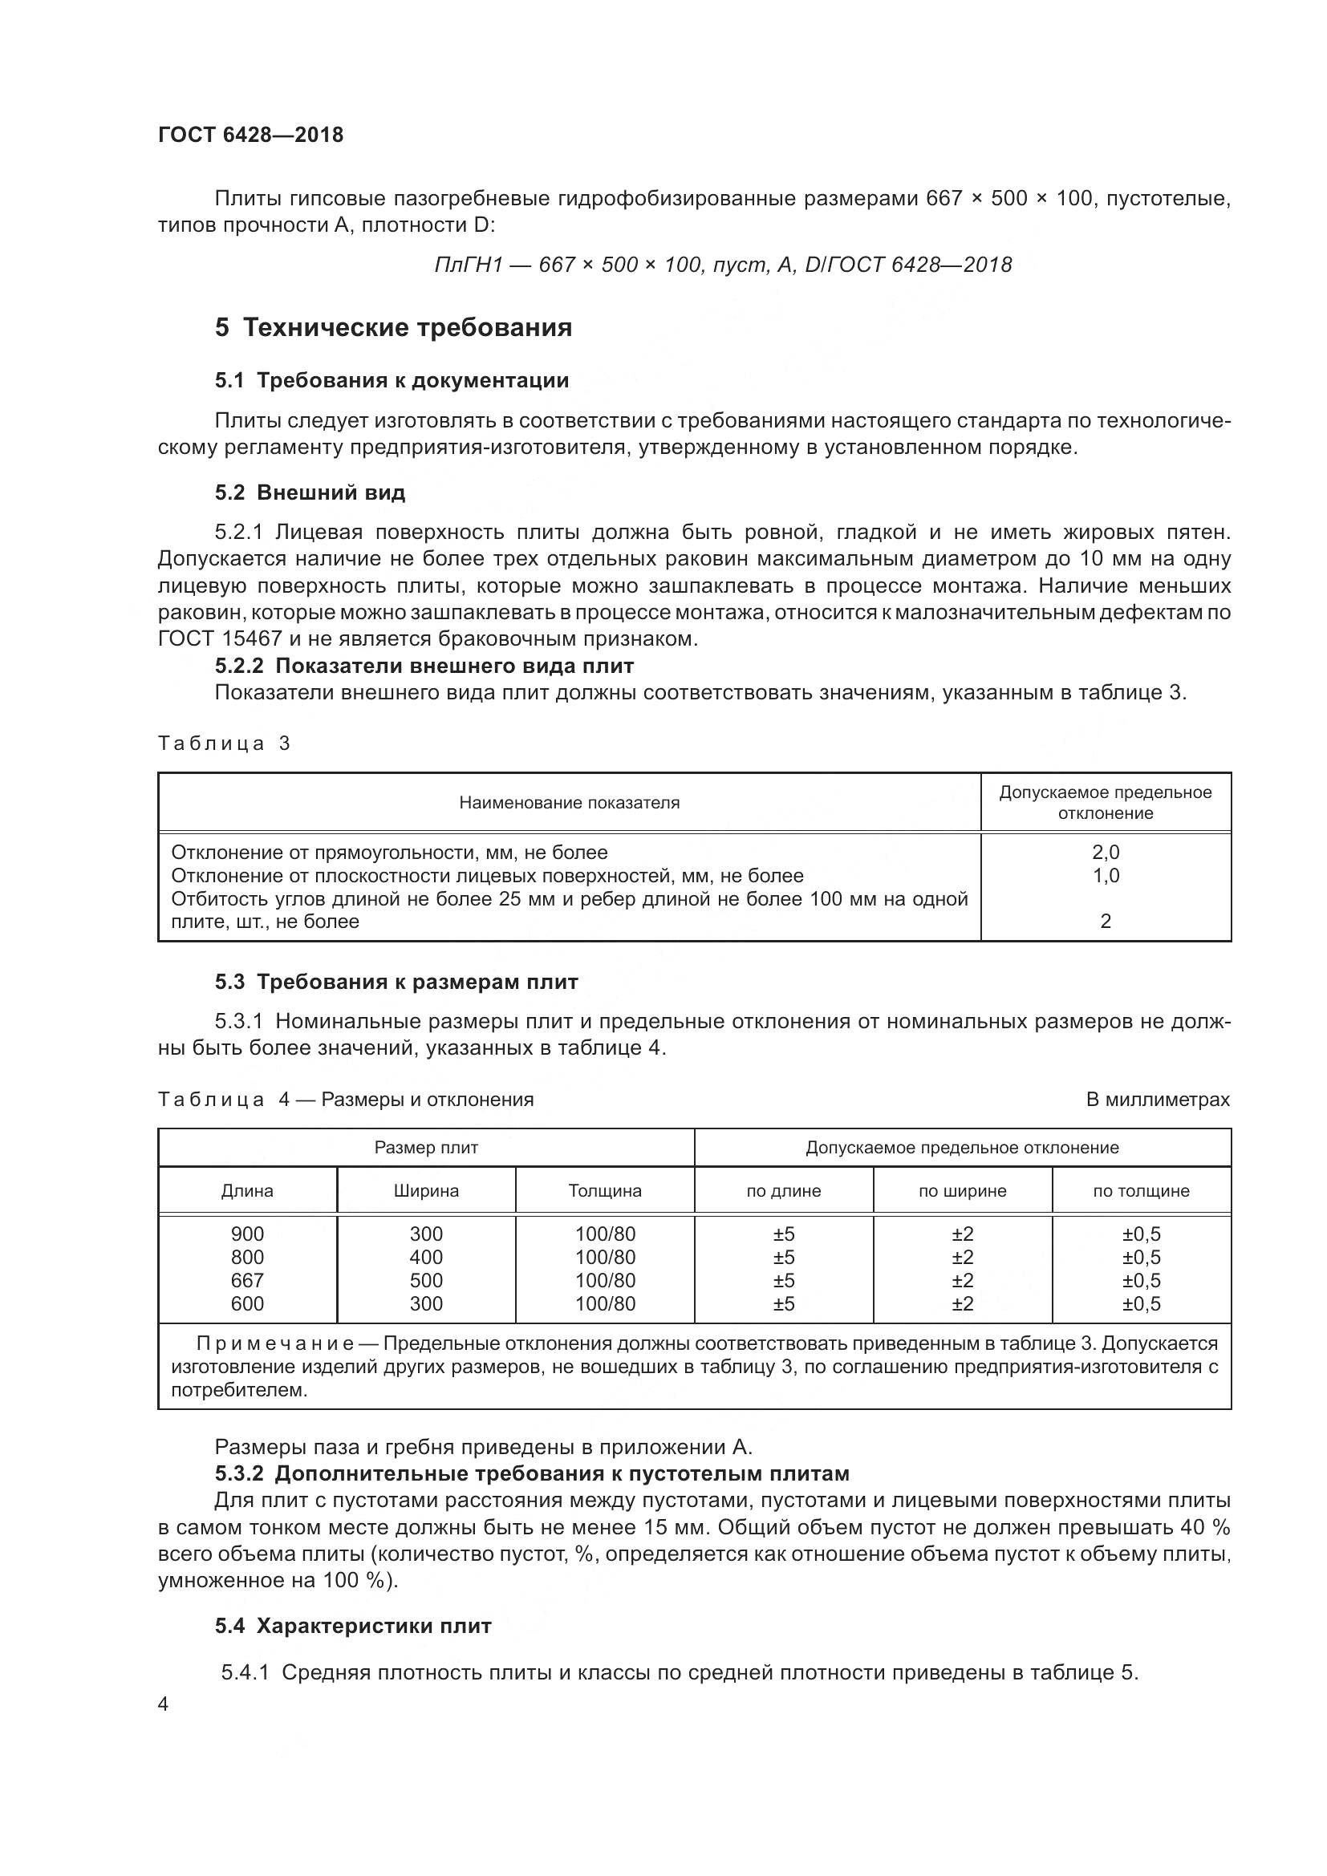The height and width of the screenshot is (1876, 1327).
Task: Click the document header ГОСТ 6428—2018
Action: (250, 135)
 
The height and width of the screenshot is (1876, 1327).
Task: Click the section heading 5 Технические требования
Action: (393, 328)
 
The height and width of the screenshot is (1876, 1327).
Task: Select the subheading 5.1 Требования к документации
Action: (392, 380)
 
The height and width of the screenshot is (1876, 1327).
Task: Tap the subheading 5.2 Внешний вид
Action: (310, 492)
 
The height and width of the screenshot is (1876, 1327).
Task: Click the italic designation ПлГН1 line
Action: (722, 265)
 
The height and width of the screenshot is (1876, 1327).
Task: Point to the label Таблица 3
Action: (224, 744)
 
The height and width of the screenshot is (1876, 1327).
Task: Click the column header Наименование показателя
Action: (569, 803)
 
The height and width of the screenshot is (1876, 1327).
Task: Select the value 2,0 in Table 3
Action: (1105, 853)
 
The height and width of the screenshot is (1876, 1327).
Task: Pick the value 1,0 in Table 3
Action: (1105, 876)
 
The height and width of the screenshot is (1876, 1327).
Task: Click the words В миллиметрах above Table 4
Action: (1157, 1100)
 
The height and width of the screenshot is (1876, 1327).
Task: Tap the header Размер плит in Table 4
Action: (426, 1148)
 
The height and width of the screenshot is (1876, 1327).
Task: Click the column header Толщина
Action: (605, 1191)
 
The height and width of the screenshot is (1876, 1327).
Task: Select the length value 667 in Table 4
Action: (247, 1281)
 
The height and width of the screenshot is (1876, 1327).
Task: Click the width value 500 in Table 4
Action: (426, 1281)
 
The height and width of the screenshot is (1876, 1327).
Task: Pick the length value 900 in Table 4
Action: (247, 1234)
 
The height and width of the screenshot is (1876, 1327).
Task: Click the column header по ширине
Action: (962, 1191)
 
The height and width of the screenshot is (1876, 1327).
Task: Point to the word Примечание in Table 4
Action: (274, 1344)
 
